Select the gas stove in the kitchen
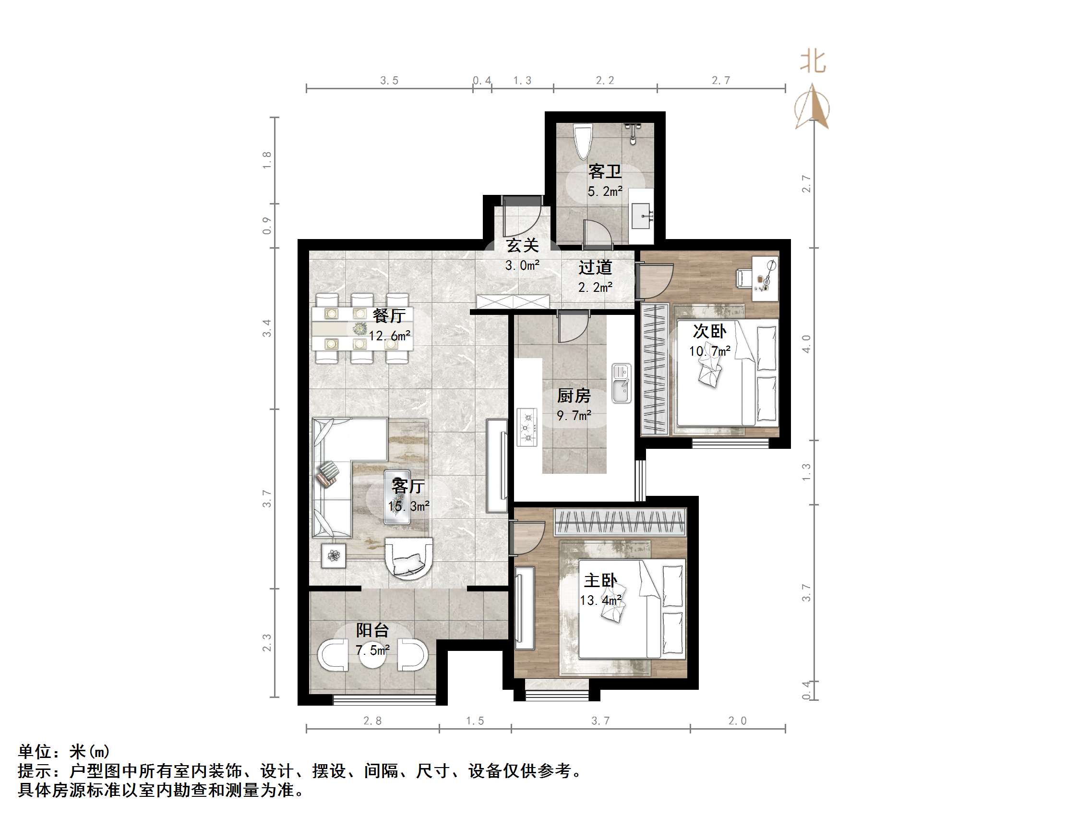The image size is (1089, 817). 527,427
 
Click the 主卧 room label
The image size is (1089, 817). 599,581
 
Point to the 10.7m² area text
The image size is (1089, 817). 709,351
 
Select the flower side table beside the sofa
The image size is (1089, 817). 334,556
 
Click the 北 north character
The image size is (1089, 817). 813,62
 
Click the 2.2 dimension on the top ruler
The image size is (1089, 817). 605,80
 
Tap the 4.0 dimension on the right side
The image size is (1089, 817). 806,344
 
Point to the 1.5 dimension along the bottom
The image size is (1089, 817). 475,721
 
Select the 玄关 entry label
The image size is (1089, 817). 522,245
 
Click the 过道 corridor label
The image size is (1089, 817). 595,267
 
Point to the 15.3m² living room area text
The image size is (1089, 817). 408,506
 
